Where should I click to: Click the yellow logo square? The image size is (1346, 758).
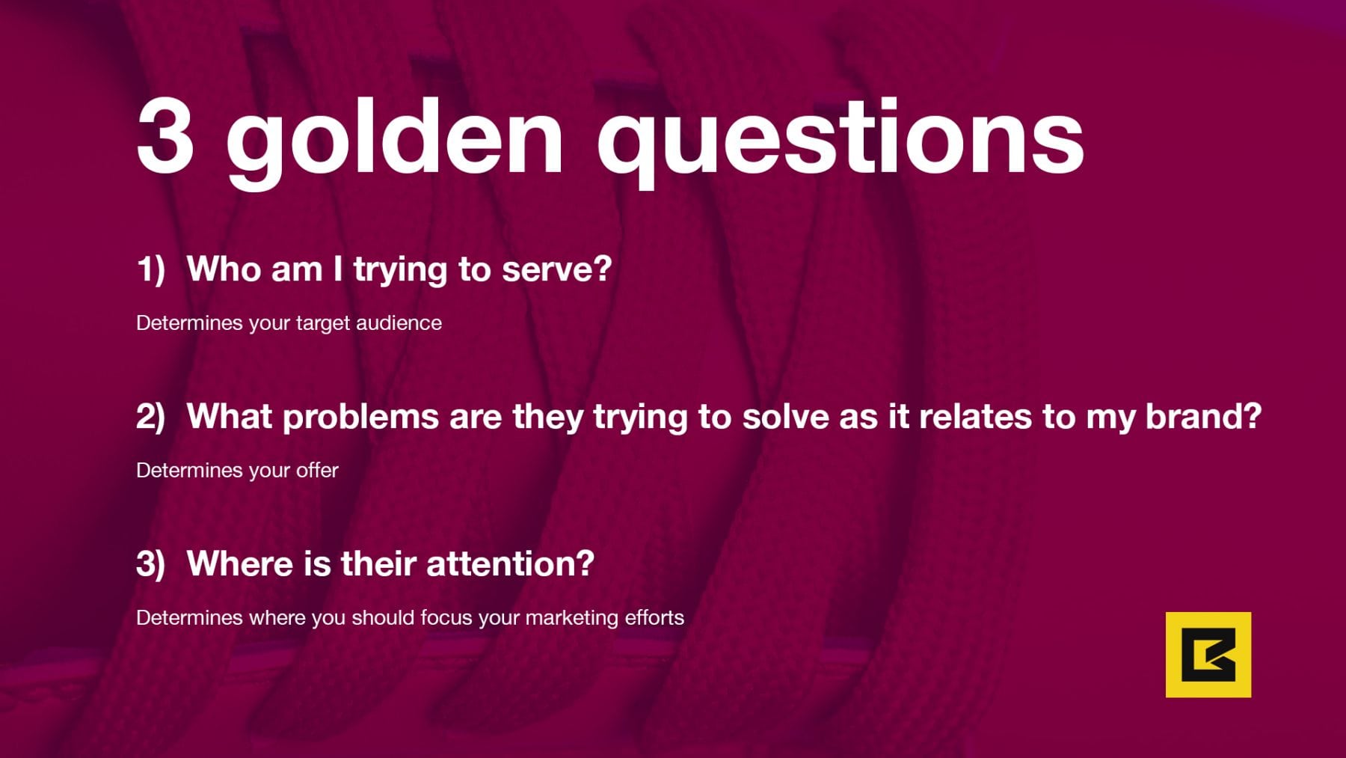click(x=1208, y=655)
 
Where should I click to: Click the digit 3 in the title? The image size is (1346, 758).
click(x=166, y=137)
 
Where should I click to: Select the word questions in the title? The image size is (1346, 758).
click(x=840, y=143)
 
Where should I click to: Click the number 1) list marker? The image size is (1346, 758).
click(x=150, y=269)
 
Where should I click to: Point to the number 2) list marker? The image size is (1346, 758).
click(x=150, y=417)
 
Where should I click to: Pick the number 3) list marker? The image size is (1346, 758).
click(x=150, y=563)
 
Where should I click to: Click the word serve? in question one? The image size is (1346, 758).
click(x=556, y=269)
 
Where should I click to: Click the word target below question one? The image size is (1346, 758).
click(x=323, y=324)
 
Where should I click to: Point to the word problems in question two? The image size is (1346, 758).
click(x=360, y=418)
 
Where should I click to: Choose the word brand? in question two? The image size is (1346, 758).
click(x=1204, y=416)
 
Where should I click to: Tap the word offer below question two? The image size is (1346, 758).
click(x=317, y=470)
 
